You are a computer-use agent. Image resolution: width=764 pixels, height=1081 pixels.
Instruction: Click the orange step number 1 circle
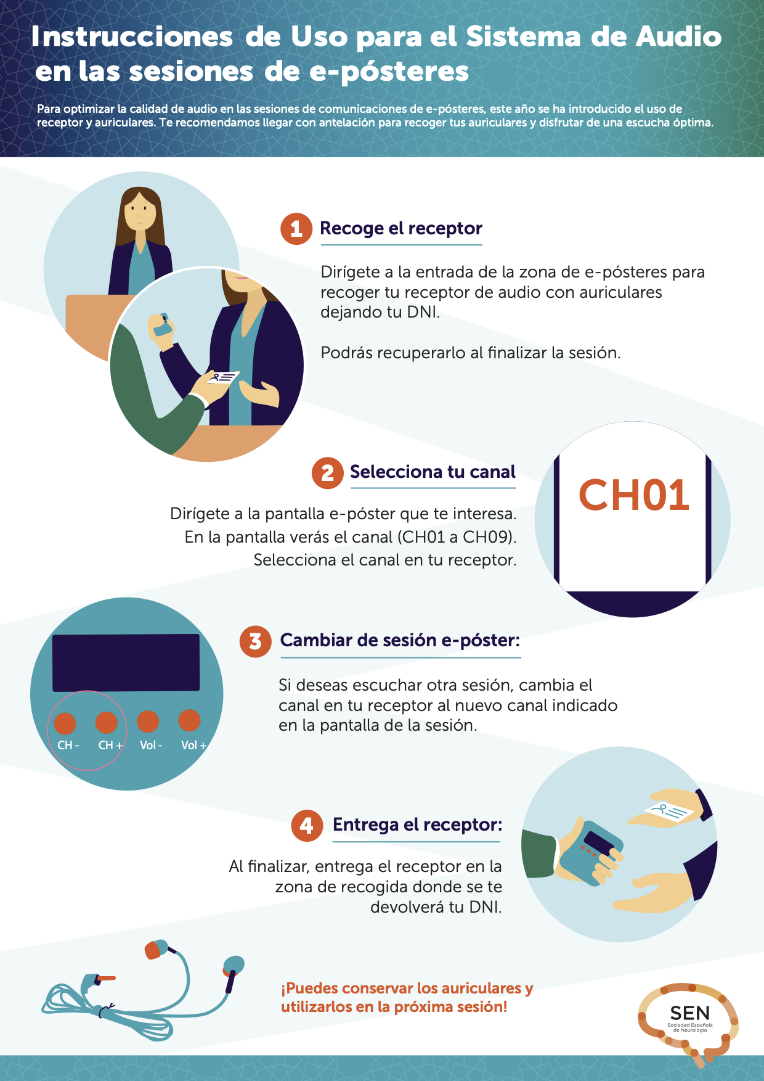pyautogui.click(x=296, y=229)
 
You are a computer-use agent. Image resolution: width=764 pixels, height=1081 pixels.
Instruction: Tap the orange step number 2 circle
pyautogui.click(x=328, y=473)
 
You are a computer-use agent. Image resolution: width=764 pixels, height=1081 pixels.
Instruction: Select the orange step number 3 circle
pyautogui.click(x=256, y=641)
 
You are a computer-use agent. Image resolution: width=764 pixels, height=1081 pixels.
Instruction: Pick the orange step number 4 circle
pyautogui.click(x=307, y=826)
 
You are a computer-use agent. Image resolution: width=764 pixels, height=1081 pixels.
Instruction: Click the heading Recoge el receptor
pyautogui.click(x=401, y=229)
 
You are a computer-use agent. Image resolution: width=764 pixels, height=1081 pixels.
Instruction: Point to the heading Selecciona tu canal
pyautogui.click(x=433, y=472)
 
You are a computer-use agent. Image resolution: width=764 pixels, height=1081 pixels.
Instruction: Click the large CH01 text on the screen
pyautogui.click(x=633, y=495)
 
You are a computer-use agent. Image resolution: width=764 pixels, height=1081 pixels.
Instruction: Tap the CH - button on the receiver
pyautogui.click(x=65, y=723)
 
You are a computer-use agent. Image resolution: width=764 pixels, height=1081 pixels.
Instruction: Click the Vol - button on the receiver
pyautogui.click(x=148, y=721)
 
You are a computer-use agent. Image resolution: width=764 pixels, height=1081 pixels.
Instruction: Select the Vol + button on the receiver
pyautogui.click(x=189, y=720)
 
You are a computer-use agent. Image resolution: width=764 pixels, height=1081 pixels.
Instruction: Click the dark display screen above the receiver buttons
pyautogui.click(x=126, y=663)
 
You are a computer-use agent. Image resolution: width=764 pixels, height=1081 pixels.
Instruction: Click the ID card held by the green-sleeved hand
pyautogui.click(x=223, y=377)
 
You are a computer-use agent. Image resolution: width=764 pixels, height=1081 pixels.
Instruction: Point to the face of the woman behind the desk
pyautogui.click(x=141, y=210)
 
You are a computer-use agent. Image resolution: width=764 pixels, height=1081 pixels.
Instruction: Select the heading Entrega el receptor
pyautogui.click(x=418, y=824)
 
